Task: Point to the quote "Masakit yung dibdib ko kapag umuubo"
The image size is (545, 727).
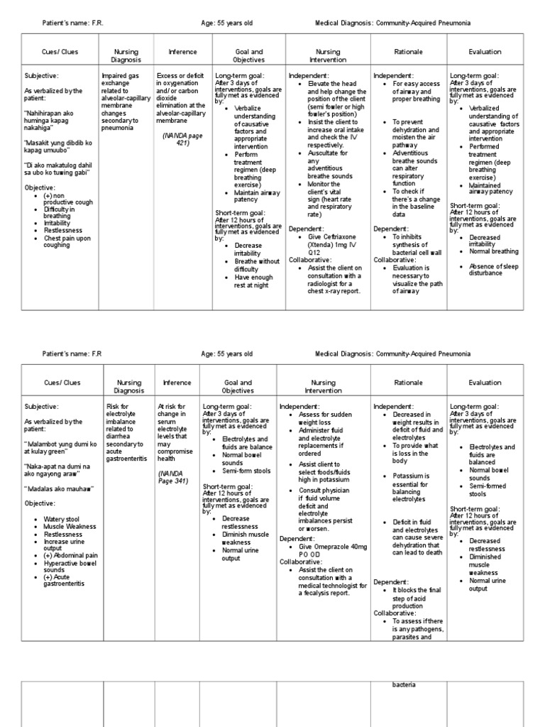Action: point(59,147)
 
